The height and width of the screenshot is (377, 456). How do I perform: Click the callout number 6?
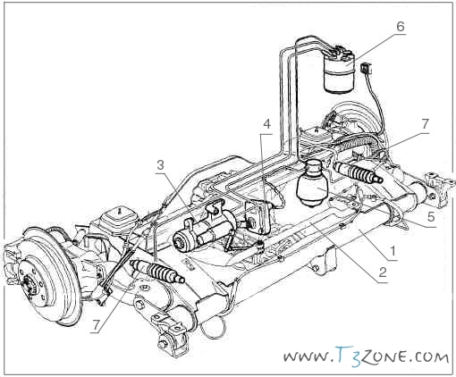click(400, 27)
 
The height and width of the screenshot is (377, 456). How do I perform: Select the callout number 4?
click(267, 124)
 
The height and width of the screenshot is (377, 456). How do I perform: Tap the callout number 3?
click(161, 164)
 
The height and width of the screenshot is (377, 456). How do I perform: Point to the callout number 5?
click(431, 217)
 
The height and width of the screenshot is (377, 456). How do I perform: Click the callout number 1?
click(393, 251)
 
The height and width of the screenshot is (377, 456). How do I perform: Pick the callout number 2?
click(383, 272)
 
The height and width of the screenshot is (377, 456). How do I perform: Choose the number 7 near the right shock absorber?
click(425, 124)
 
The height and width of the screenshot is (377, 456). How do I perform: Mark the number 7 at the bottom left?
click(96, 325)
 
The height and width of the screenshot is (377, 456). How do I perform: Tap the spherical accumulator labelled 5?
click(312, 183)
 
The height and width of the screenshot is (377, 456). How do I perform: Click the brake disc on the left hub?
click(45, 275)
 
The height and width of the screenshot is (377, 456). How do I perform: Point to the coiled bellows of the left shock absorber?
click(161, 271)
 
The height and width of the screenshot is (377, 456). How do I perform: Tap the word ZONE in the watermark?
click(384, 356)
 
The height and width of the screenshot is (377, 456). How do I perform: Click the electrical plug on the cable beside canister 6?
click(367, 69)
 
